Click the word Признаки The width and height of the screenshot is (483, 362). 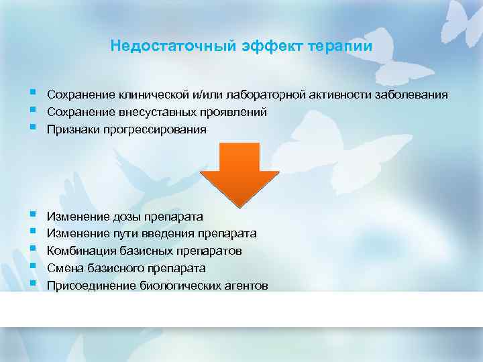point(72,129)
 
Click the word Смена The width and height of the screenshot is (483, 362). point(63,268)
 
